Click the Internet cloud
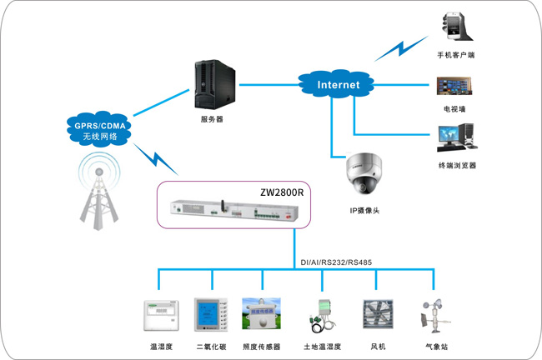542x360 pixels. click(x=336, y=84)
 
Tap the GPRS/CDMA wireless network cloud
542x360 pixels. click(x=99, y=129)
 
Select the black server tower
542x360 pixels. click(x=215, y=84)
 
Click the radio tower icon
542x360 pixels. click(x=99, y=192)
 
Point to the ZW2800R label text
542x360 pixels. click(x=282, y=192)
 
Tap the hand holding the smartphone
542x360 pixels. click(x=456, y=27)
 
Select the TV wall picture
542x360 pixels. click(x=454, y=86)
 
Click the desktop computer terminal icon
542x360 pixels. click(x=457, y=137)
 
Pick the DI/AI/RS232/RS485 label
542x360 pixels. click(x=336, y=262)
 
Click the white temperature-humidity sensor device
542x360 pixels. click(x=162, y=316)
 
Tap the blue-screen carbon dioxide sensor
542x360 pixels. click(x=211, y=315)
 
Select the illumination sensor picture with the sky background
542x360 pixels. click(x=261, y=313)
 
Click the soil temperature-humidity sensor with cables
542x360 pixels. click(x=322, y=316)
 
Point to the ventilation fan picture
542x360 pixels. click(x=378, y=314)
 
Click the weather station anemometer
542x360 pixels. click(x=434, y=316)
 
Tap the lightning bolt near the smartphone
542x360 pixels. click(x=401, y=48)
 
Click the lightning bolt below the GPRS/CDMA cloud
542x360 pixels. click(x=156, y=159)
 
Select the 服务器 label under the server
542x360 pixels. click(x=212, y=119)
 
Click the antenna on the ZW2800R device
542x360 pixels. click(x=223, y=207)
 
